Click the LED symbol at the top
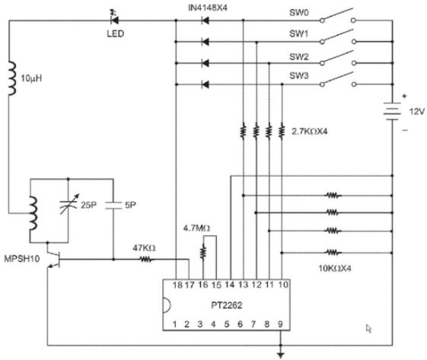(x=115, y=20)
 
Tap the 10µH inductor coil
(x=11, y=78)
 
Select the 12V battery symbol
(x=392, y=112)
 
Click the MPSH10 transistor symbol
(x=53, y=259)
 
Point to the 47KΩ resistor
(x=147, y=260)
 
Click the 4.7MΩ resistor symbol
(x=203, y=252)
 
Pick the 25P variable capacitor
(x=69, y=205)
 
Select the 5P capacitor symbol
(x=113, y=205)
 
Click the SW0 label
(x=298, y=12)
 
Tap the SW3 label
(x=298, y=75)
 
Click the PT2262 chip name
(x=227, y=305)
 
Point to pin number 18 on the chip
(x=177, y=285)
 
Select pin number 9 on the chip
(x=280, y=324)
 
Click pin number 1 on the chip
(x=174, y=324)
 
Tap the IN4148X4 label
(x=208, y=8)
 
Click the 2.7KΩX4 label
(x=309, y=132)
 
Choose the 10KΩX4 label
(x=335, y=269)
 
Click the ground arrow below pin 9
(x=281, y=355)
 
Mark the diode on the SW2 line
(x=206, y=63)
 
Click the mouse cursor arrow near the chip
(x=368, y=328)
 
